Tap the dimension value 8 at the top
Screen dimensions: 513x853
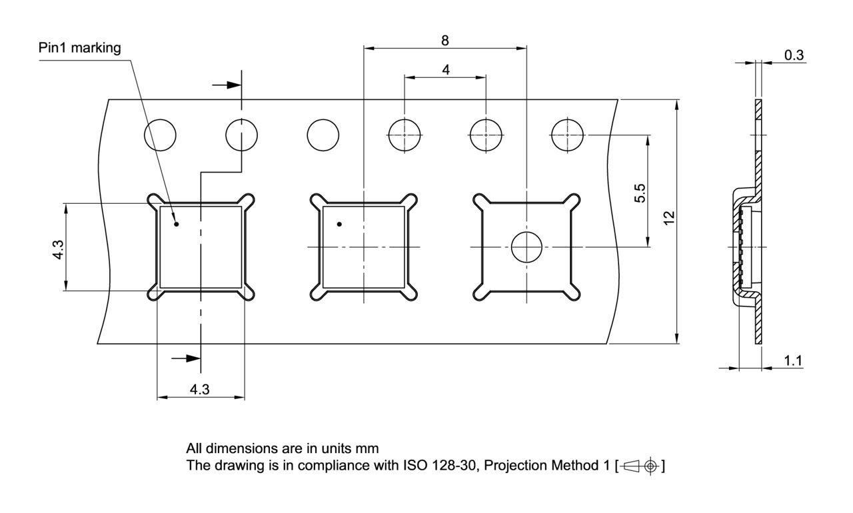click(x=444, y=39)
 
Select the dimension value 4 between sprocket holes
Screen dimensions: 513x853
click(x=445, y=69)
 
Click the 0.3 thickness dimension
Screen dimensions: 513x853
click(x=794, y=55)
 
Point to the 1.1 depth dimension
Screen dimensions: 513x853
click(x=793, y=360)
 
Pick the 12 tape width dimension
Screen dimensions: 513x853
click(x=670, y=217)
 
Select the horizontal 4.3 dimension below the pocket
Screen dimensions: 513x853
click(x=199, y=390)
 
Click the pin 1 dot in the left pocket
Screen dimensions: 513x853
click(x=177, y=224)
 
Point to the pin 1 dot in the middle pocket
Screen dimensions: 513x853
click(x=339, y=224)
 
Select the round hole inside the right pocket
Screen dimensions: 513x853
click(x=526, y=247)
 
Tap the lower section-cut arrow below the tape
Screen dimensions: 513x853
click(x=187, y=358)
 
